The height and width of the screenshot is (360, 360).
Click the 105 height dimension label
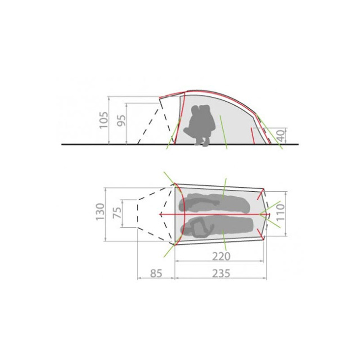103,120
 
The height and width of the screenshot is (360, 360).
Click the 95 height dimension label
121,120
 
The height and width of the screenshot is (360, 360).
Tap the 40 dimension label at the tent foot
281,135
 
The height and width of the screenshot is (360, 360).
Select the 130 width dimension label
100,211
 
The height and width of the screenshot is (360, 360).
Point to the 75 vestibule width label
117,213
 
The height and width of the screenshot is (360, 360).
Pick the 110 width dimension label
280,212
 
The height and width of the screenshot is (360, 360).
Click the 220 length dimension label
221,256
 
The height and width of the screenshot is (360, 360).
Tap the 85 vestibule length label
156,274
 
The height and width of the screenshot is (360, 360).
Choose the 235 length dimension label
221,274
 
